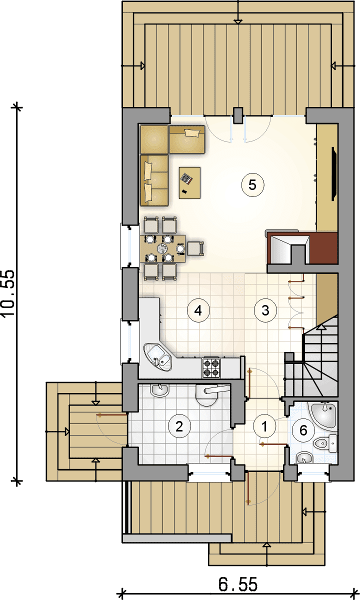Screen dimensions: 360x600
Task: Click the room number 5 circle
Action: click(252, 185)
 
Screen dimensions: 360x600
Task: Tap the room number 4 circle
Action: click(198, 310)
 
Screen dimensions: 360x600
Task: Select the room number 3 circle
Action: click(265, 310)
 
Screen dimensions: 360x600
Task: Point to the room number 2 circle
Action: click(179, 426)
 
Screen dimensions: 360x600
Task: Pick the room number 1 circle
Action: click(264, 426)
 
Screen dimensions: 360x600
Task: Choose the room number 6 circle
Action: click(303, 430)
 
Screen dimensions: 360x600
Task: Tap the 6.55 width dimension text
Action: click(238, 584)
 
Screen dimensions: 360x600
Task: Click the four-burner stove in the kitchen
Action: click(211, 367)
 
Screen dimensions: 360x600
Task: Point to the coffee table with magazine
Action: click(189, 182)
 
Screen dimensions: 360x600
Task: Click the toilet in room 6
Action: click(325, 443)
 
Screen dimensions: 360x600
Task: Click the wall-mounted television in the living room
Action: click(334, 173)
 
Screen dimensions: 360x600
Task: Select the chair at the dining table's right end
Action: click(195, 248)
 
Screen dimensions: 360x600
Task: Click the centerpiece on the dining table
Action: click(162, 248)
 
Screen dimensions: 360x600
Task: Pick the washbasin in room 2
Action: click(159, 390)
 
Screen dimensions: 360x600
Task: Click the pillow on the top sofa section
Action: click(192, 133)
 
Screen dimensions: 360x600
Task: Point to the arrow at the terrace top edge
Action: click(238, 21)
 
